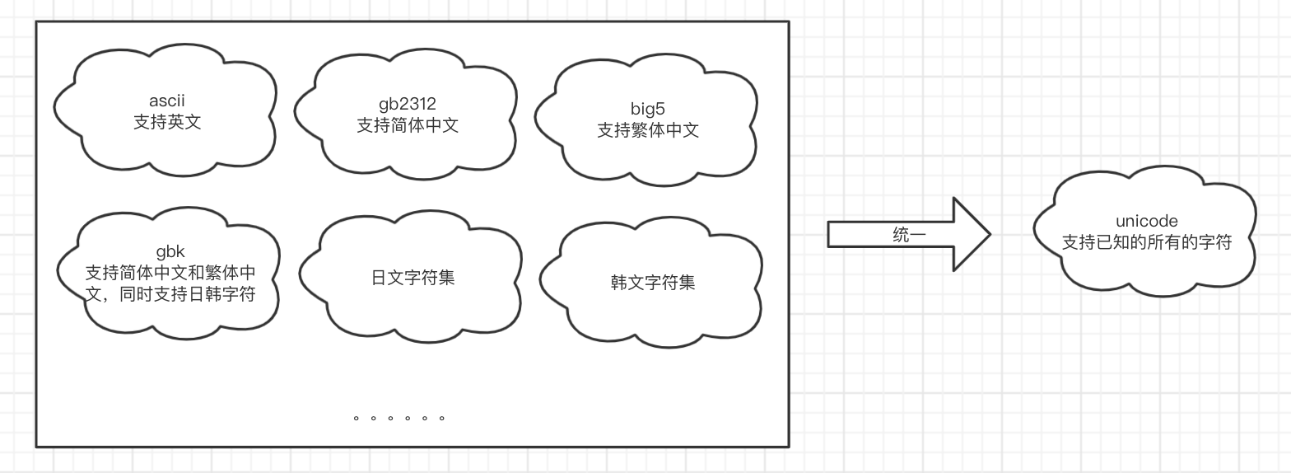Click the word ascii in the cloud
(x=166, y=101)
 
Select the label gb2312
(x=408, y=104)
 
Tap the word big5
(x=648, y=109)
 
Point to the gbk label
(x=170, y=251)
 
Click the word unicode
(x=1146, y=221)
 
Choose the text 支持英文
(x=167, y=122)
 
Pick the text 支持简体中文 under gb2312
(x=408, y=125)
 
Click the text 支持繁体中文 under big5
(x=648, y=130)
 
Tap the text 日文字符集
(x=412, y=278)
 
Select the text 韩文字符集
(x=653, y=283)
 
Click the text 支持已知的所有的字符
(x=1146, y=242)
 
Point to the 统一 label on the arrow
(x=909, y=235)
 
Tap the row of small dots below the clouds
(x=399, y=419)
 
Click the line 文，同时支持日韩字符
(x=170, y=294)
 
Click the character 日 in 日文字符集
(x=379, y=278)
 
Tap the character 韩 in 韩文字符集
(x=619, y=283)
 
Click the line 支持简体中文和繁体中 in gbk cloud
(x=170, y=273)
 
